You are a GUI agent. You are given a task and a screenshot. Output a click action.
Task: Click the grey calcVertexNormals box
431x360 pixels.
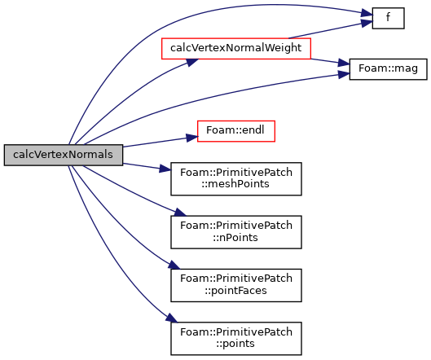64,155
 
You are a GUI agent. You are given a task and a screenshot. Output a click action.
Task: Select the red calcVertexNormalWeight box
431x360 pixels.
236,48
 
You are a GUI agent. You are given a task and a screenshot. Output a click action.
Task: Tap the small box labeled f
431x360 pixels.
388,18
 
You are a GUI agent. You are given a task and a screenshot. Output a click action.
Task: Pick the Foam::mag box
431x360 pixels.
388,69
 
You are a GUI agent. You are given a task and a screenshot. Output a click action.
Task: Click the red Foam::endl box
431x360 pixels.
236,131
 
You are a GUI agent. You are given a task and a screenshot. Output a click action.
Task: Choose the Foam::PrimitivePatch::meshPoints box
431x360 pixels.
236,179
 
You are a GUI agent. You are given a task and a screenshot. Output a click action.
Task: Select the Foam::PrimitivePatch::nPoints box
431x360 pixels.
236,232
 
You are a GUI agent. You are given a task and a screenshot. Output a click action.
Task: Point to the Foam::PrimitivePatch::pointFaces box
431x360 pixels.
236,285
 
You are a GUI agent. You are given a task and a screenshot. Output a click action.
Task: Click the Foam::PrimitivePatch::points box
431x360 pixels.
236,339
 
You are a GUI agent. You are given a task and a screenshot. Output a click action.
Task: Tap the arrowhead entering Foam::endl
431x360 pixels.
191,138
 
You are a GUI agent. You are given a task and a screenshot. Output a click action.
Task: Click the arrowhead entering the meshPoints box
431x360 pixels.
165,169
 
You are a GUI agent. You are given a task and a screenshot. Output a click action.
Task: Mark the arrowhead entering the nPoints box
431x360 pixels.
180,213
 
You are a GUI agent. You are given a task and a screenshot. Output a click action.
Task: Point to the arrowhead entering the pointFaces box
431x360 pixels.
174,266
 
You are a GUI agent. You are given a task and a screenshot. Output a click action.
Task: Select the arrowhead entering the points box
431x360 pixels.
172,318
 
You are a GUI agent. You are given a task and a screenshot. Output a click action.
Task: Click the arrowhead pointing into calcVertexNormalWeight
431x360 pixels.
192,62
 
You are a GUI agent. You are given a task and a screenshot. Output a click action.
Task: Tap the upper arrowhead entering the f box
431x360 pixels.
367,13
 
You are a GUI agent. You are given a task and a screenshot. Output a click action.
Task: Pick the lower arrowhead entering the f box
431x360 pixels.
367,23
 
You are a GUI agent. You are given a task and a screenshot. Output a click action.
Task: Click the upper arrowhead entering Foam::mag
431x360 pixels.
344,64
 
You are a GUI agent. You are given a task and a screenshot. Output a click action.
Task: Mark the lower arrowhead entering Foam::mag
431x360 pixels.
344,74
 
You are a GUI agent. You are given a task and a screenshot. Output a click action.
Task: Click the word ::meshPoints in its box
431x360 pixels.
235,184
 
